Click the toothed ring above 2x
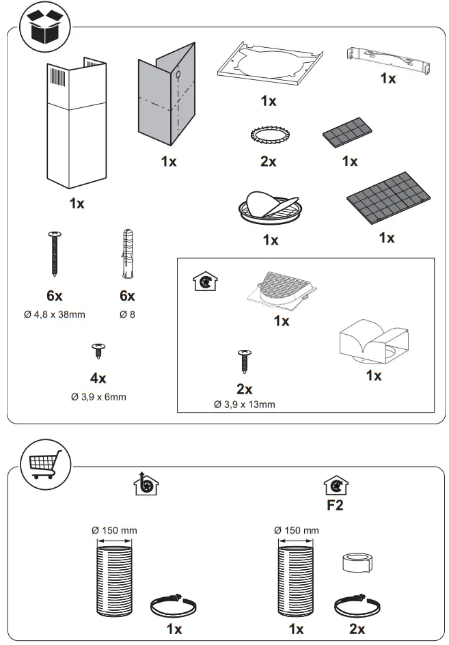[x=267, y=134]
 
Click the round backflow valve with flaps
[x=270, y=207]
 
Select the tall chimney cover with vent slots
[x=76, y=123]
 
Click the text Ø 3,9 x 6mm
[x=98, y=396]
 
